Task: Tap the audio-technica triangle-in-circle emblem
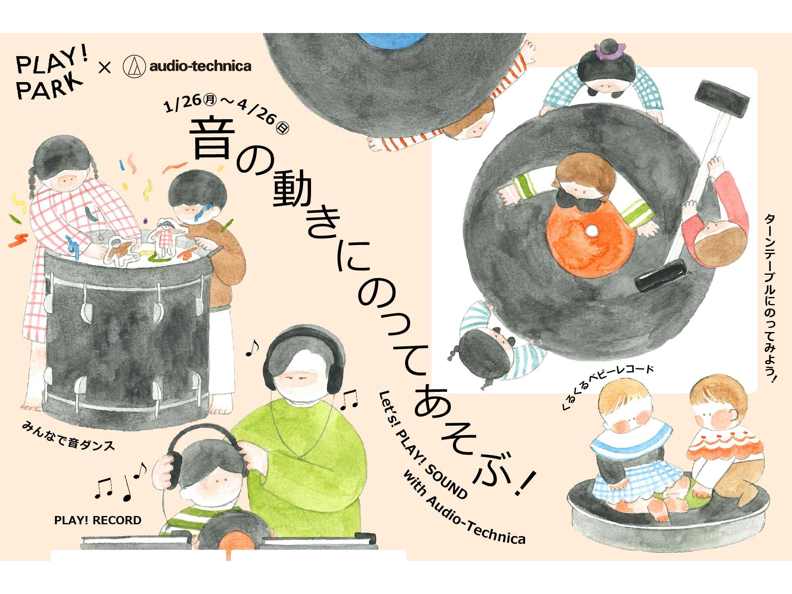134,66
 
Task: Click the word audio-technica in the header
200,66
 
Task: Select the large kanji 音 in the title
212,139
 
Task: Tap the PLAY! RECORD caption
98,520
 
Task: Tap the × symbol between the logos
105,67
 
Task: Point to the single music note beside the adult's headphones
252,348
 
